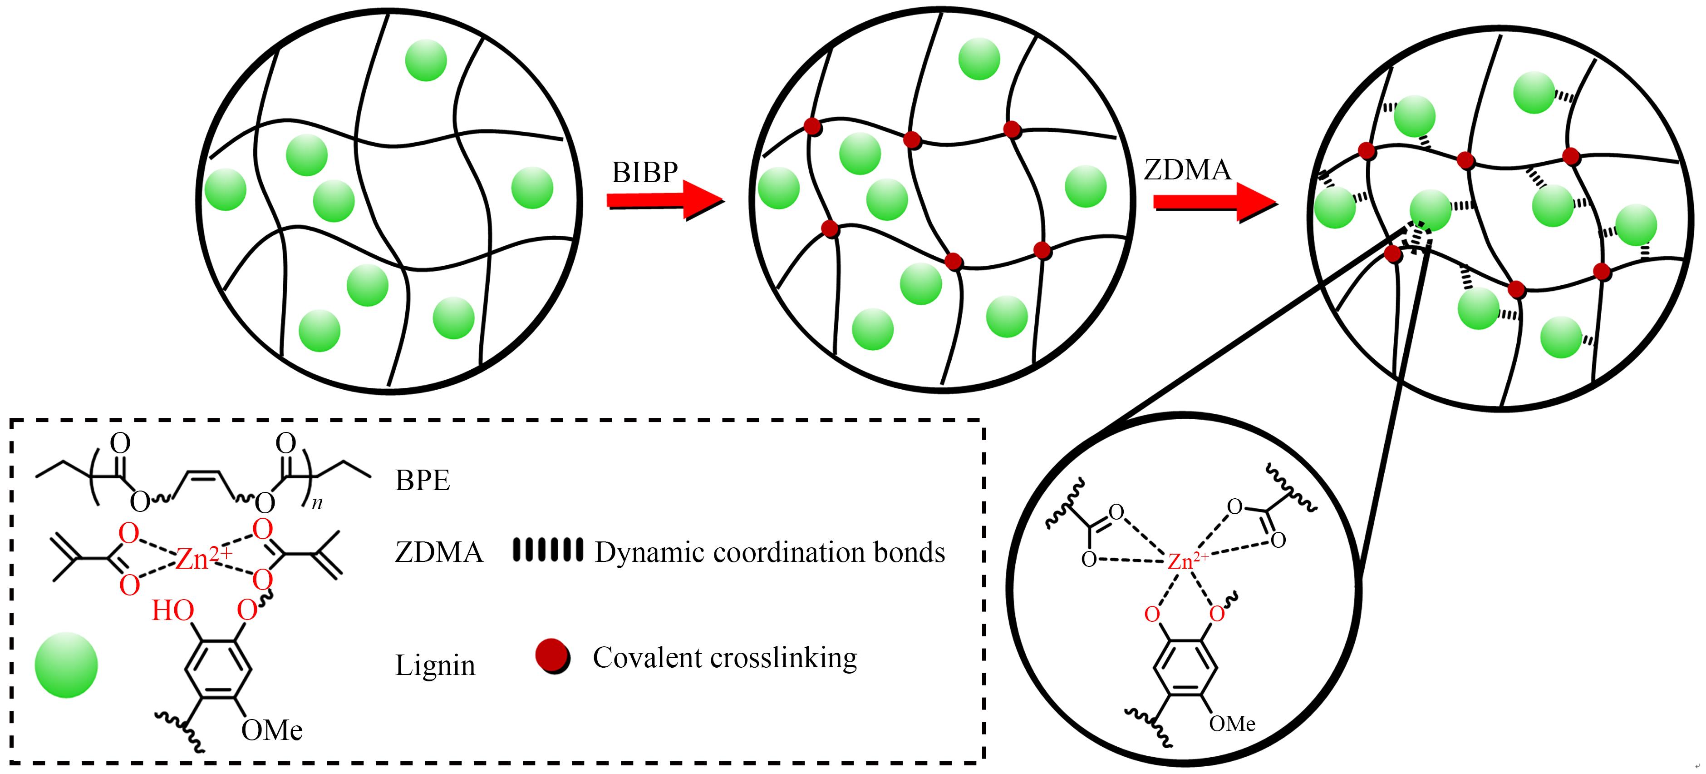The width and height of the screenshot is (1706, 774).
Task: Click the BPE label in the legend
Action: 423,481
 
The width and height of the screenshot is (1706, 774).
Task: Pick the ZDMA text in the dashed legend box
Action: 438,552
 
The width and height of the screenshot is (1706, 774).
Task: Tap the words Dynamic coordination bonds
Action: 770,552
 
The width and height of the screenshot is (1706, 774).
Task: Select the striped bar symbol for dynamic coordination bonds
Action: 548,550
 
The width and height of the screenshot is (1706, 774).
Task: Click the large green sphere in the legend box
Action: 66,665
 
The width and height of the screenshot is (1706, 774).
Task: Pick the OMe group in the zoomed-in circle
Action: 1232,724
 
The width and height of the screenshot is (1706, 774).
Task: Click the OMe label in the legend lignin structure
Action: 271,730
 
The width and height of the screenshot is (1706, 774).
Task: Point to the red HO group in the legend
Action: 172,610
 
